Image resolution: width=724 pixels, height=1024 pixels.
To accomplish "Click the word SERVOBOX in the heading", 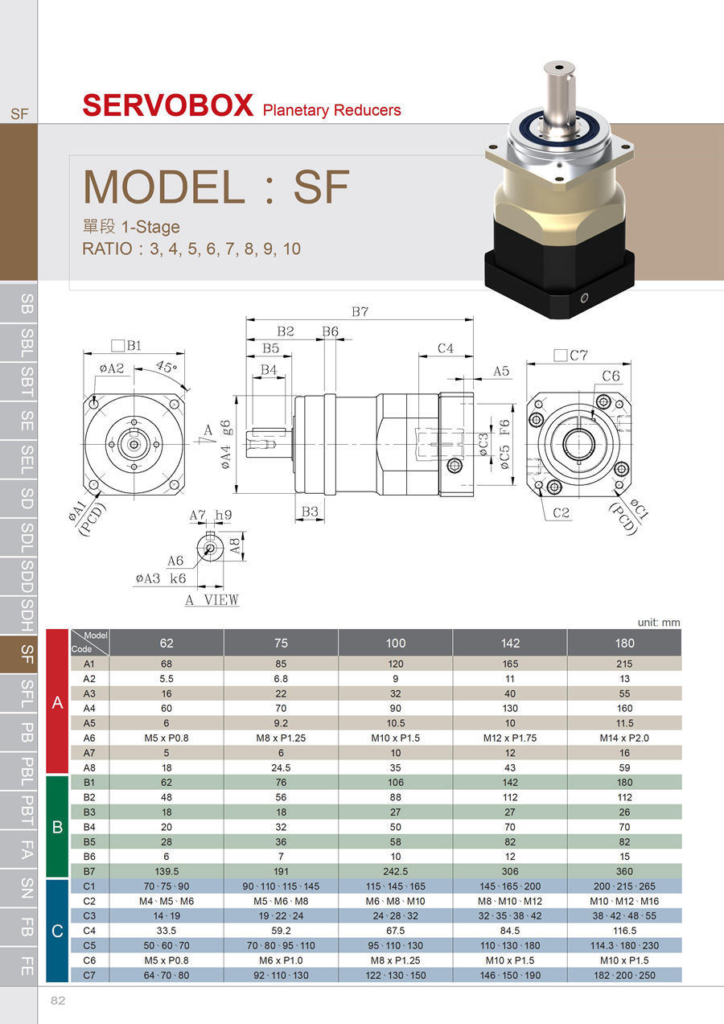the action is coord(168,105).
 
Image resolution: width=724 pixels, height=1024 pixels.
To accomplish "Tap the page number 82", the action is coord(58,1001).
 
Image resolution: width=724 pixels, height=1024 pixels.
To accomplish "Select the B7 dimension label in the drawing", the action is coord(360,312).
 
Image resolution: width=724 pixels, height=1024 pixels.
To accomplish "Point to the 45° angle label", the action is coord(167,366).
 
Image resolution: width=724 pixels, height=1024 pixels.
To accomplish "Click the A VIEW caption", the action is coord(212,599).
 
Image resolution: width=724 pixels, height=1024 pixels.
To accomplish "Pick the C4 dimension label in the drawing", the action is coord(446,348).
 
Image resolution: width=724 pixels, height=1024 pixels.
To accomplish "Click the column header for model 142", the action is coord(510,643).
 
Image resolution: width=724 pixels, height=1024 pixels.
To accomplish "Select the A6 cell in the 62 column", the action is coord(167,738).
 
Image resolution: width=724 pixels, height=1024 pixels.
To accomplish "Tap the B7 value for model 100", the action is coord(395,871).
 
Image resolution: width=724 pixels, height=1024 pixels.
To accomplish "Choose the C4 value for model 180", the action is coord(624,931).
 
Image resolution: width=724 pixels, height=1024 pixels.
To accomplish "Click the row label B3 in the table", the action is coord(89,812).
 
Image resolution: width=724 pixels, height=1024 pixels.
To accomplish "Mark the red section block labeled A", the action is coord(57,701).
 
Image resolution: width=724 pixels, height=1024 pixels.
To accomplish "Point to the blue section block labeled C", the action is coord(57,931).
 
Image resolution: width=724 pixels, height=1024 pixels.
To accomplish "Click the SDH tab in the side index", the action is coord(27,615).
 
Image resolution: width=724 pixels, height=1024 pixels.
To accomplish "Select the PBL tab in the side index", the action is coord(27,771).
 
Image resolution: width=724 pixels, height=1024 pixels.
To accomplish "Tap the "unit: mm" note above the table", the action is coord(659,622).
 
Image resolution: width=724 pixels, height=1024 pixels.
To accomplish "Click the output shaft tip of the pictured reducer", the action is coord(559,68).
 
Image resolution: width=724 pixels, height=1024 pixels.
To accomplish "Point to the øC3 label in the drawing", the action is coord(483,444).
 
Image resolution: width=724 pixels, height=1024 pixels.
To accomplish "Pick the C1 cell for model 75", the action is coord(281,886).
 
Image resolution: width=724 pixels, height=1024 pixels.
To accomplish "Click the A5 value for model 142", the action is coord(510,722).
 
